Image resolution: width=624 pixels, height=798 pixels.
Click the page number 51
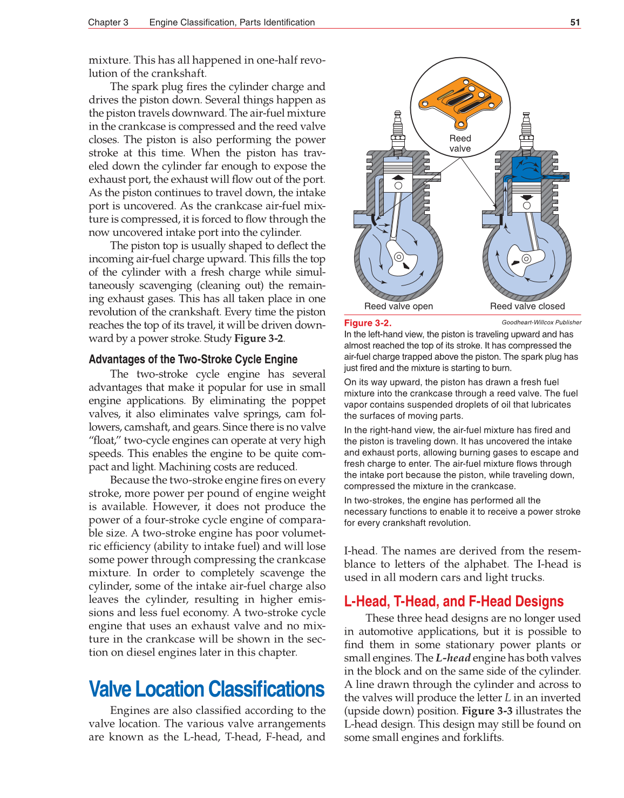pos(575,22)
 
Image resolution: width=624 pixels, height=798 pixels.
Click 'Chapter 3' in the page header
pos(108,22)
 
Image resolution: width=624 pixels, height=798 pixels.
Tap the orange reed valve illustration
pos(459,100)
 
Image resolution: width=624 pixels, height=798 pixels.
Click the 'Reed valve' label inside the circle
pos(460,144)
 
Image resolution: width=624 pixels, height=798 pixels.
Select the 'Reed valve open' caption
pos(398,306)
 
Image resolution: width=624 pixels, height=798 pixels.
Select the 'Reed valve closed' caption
pos(527,306)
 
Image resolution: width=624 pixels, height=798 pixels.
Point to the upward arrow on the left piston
pos(398,177)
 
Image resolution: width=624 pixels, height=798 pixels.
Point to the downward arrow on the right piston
pos(527,197)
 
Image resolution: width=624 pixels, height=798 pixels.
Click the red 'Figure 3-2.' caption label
pos(368,323)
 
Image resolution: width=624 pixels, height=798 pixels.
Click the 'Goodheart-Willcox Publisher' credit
pos(541,322)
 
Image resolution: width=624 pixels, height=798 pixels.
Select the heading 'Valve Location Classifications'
pos(206,689)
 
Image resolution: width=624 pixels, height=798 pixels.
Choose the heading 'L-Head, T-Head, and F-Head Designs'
pos(453,601)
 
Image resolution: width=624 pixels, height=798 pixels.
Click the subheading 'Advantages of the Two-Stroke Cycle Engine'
pos(193,359)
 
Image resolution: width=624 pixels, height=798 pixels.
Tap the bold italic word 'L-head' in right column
pos(453,658)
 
